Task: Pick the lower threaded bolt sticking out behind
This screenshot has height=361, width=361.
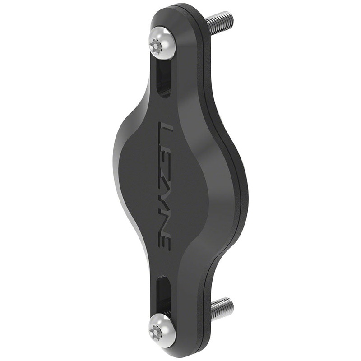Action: (222, 308)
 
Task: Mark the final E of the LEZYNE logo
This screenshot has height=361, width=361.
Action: (163, 240)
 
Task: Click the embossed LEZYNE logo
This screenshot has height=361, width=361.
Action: (163, 185)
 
